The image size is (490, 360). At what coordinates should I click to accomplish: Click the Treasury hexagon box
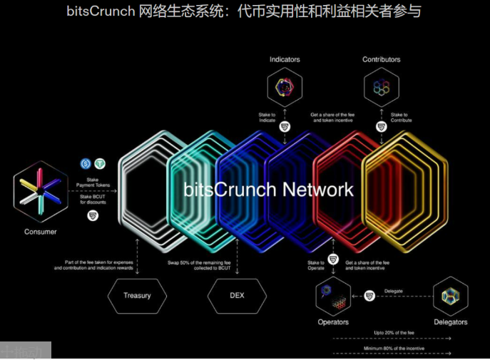coord(137,295)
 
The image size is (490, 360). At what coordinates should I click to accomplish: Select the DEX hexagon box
coord(237,295)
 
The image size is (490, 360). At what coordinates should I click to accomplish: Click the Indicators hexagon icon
coord(284,88)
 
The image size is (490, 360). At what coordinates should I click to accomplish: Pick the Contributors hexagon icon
coord(381,88)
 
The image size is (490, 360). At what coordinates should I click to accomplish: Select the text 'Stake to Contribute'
coord(400,117)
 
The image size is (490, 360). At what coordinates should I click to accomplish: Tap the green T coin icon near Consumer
coord(100,163)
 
